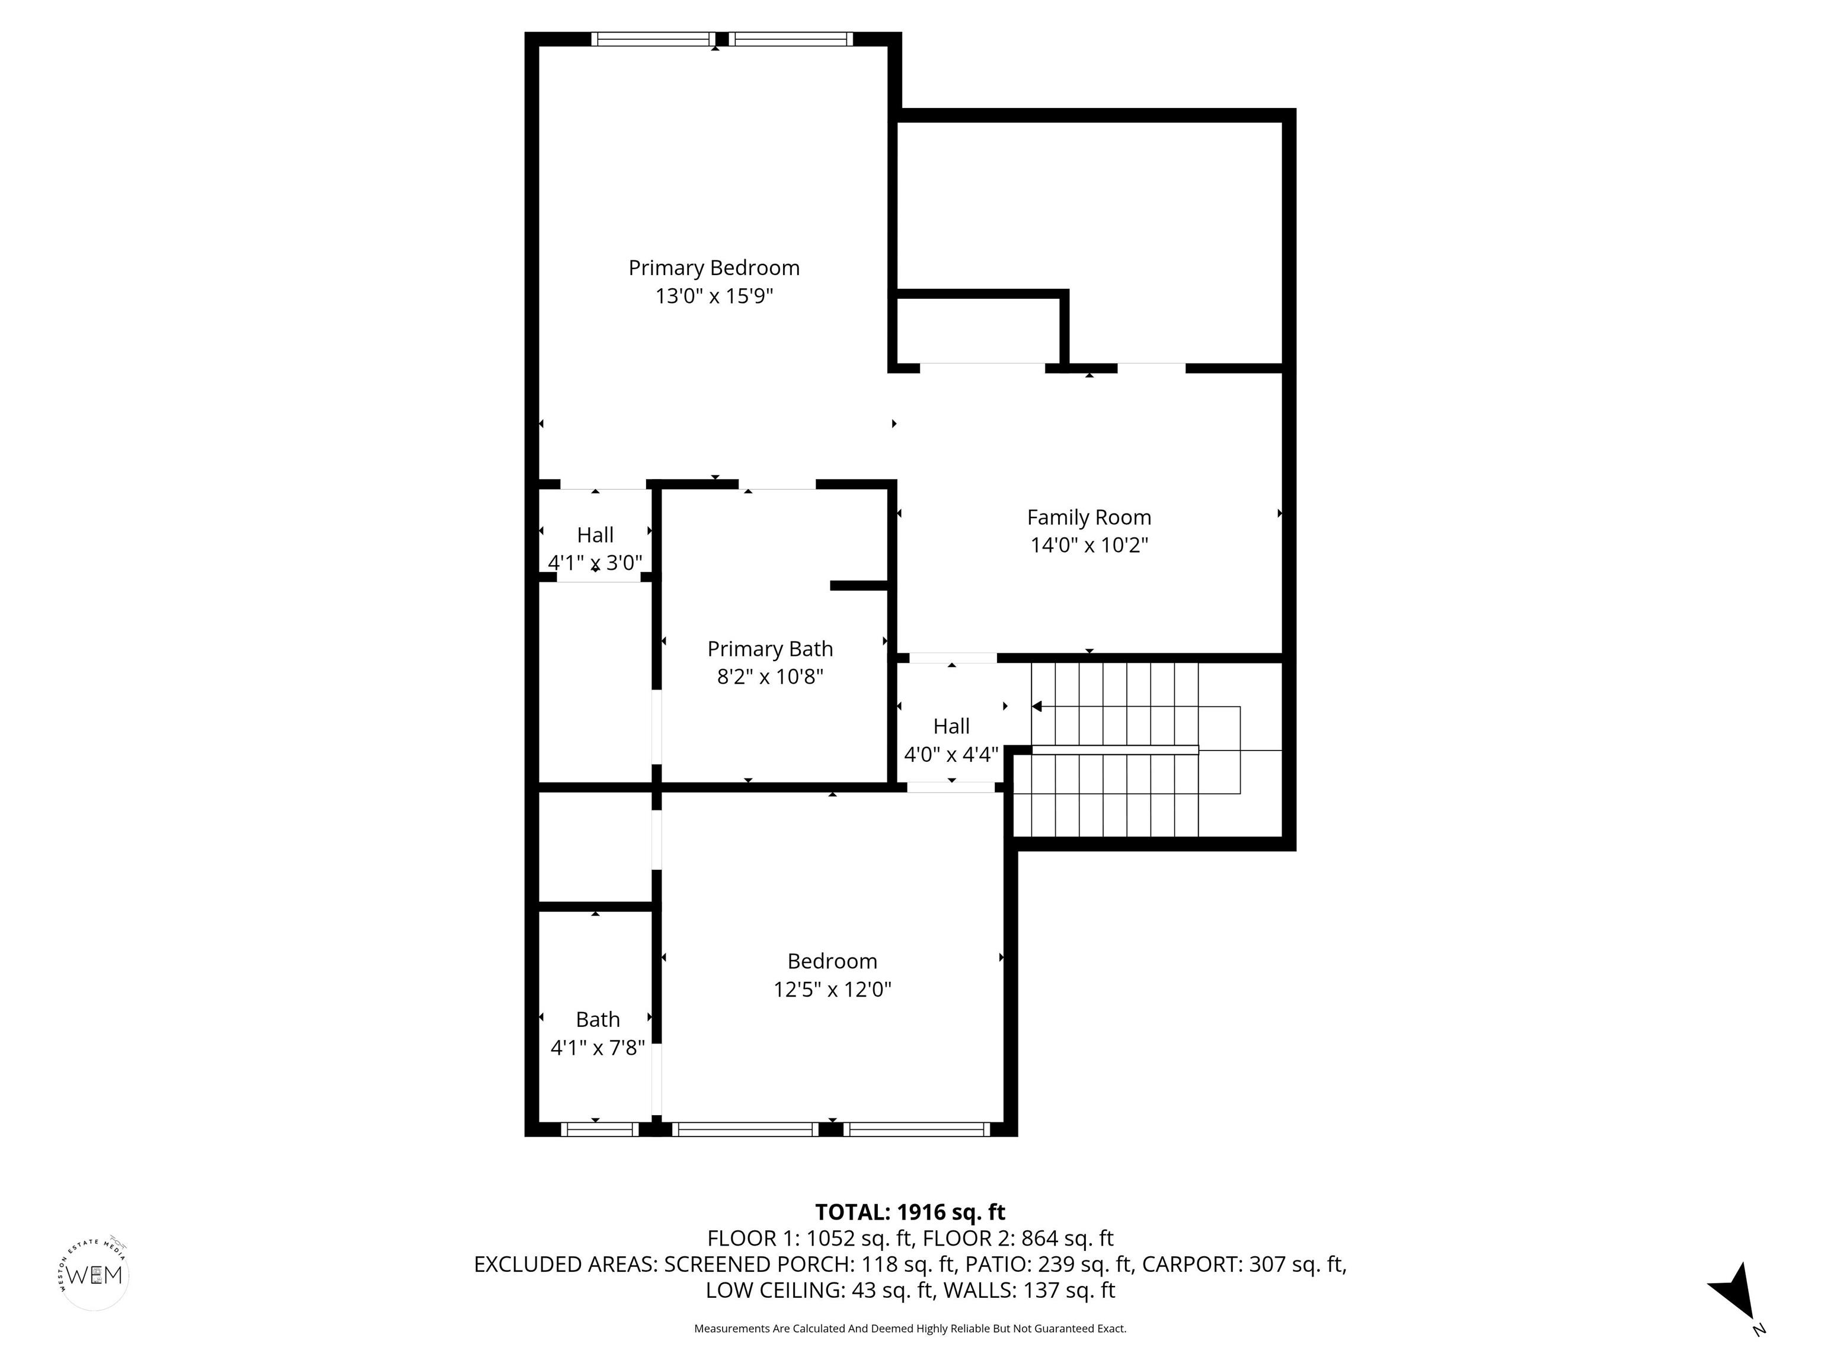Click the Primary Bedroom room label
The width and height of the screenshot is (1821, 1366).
point(714,269)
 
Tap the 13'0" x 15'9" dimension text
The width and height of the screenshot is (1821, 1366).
point(714,296)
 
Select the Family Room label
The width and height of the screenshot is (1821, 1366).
point(1089,518)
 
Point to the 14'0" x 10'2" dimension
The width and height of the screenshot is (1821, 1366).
point(1089,545)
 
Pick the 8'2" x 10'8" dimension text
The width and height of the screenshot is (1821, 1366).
point(770,677)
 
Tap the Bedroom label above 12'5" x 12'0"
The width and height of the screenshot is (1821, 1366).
point(832,962)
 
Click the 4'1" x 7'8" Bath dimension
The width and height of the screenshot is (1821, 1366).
point(598,1048)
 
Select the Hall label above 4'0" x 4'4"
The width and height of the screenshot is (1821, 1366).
point(951,726)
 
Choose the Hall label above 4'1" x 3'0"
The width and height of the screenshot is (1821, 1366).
point(595,535)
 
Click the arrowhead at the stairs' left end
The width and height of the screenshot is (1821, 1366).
point(1036,707)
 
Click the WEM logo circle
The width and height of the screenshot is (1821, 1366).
point(95,1275)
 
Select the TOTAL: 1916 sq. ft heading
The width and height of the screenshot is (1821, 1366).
point(910,1212)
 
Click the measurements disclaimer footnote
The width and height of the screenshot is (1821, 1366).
point(910,1329)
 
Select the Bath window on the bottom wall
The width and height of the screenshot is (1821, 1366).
point(599,1129)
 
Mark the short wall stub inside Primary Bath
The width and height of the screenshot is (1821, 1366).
point(859,585)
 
